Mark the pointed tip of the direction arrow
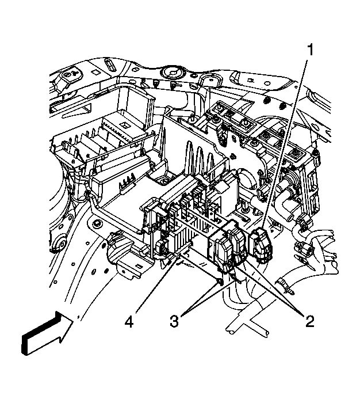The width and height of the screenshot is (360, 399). pyautogui.click(x=74, y=318)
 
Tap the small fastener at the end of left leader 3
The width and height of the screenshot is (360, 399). pyautogui.click(x=219, y=282)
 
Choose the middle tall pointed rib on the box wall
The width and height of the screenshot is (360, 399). pyautogui.click(x=197, y=158)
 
